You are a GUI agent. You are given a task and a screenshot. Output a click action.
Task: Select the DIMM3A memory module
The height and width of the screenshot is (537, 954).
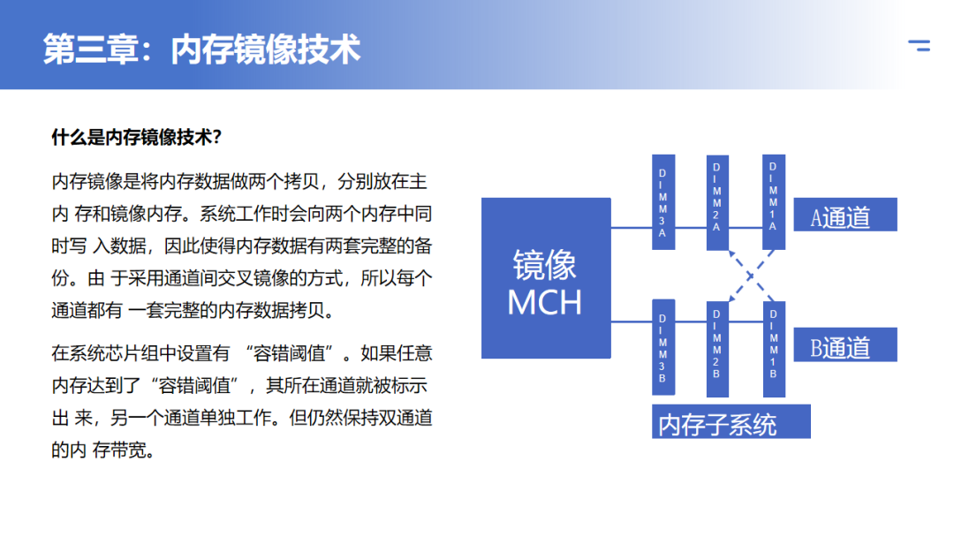tap(663, 202)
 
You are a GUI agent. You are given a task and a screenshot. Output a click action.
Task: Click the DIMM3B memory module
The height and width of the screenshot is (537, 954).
tap(663, 346)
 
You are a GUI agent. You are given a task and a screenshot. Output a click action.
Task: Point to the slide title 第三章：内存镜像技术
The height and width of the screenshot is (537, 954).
tap(202, 49)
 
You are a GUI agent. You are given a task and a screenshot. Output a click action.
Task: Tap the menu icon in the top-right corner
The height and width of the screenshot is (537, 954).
tap(920, 47)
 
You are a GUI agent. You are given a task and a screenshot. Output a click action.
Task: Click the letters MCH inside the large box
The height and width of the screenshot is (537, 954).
tap(545, 303)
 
